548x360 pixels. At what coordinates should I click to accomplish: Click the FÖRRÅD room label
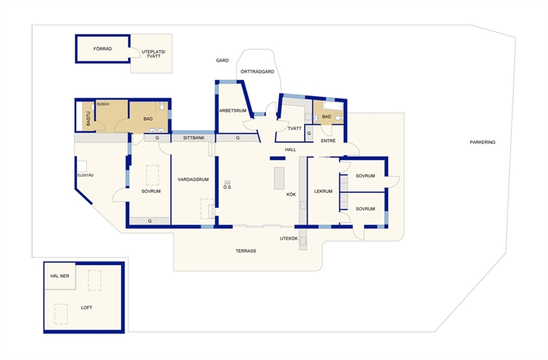[103, 49]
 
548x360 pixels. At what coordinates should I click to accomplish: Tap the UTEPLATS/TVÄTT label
[154, 54]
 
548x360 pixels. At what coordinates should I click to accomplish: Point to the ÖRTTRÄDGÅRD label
[257, 72]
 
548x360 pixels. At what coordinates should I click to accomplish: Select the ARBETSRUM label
[233, 111]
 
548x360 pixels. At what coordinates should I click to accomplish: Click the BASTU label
[89, 118]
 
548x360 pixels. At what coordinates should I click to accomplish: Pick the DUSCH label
[103, 104]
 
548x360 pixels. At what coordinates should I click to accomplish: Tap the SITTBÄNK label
[194, 138]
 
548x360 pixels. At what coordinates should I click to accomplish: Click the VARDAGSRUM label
[193, 180]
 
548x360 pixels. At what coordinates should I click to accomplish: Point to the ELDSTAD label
[86, 175]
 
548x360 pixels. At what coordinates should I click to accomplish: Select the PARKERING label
[482, 142]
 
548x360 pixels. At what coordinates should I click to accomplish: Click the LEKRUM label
[323, 191]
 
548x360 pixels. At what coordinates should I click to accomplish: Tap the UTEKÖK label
[289, 239]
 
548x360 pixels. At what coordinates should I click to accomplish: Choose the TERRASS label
[246, 251]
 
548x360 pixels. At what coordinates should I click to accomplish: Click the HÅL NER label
[59, 276]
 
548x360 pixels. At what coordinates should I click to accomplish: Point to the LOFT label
[86, 308]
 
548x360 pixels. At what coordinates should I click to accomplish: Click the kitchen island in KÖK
[279, 178]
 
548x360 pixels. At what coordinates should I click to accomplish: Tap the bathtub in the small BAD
[333, 105]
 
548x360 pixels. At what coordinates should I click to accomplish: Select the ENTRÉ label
[328, 141]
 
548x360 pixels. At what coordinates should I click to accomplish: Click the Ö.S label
[227, 188]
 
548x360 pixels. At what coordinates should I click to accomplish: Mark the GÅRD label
[222, 61]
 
